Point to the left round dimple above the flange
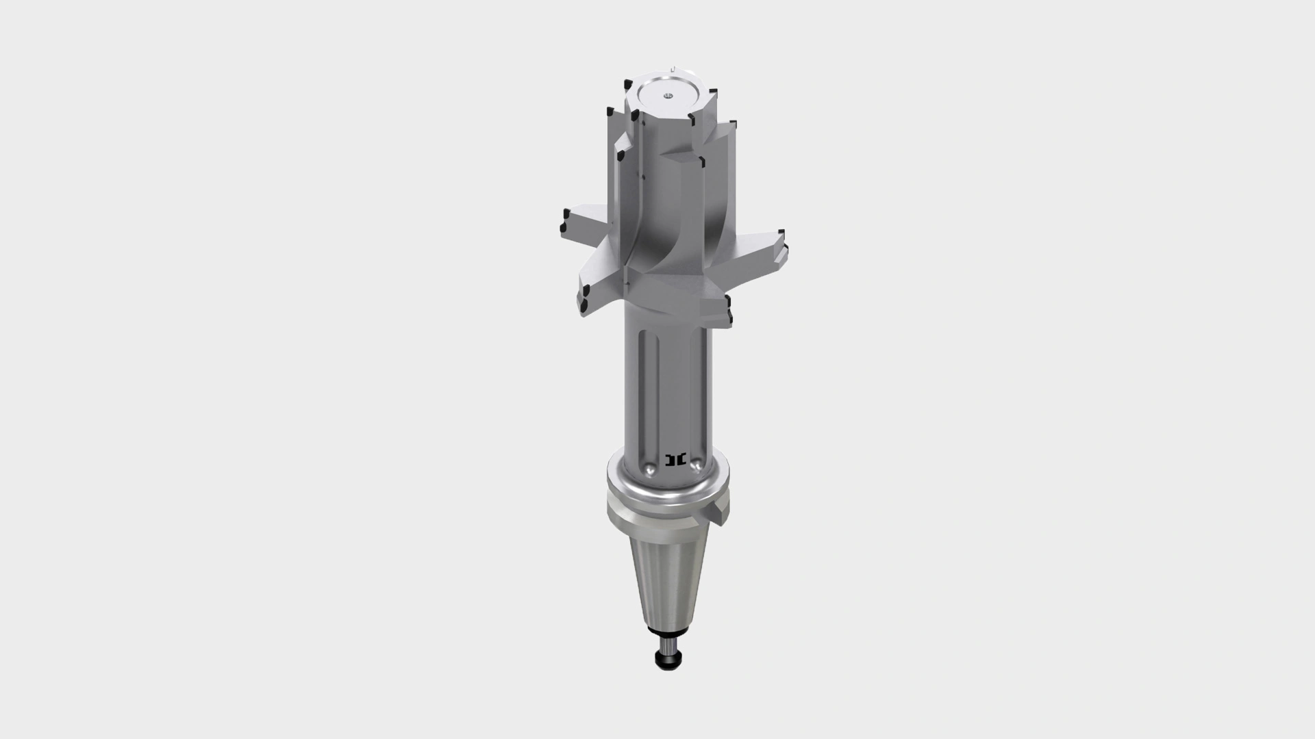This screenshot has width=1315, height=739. click(647, 469)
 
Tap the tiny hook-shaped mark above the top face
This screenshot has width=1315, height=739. click(674, 68)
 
